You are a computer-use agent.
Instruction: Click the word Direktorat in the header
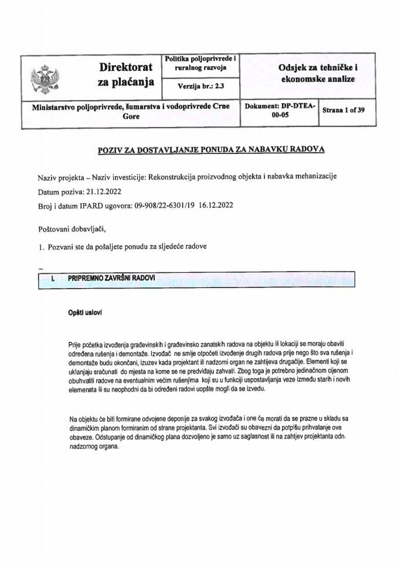click(x=126, y=68)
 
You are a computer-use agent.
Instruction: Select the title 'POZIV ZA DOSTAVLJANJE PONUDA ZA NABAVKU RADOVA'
click(x=210, y=150)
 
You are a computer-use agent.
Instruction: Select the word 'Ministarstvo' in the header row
click(x=48, y=107)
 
